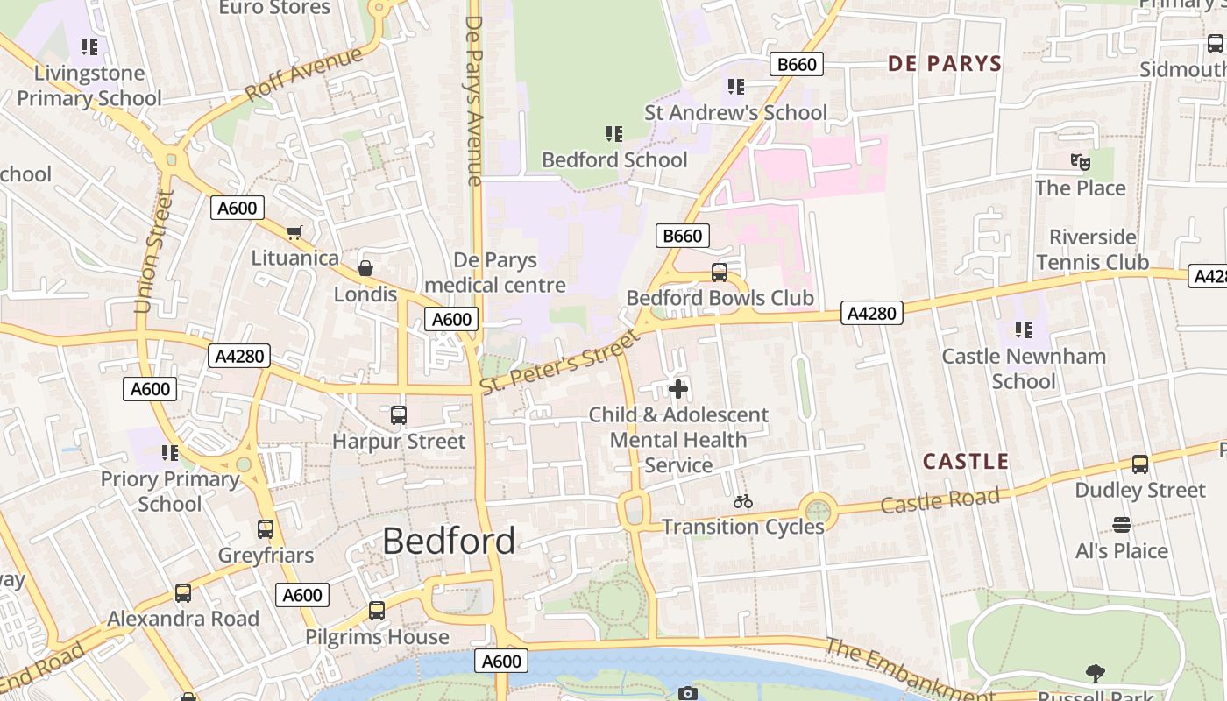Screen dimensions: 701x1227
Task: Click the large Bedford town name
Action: coord(449,541)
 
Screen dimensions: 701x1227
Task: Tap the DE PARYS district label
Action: coord(944,63)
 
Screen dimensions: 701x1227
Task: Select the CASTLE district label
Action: coord(966,461)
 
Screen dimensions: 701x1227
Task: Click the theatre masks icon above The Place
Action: coord(1080,162)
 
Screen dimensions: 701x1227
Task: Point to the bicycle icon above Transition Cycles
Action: coord(743,501)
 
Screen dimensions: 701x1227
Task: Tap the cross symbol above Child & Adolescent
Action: coord(677,389)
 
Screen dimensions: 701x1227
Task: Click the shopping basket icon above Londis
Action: coord(365,268)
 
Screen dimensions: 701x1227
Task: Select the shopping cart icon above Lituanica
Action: coord(294,232)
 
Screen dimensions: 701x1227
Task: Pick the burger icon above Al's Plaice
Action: coord(1121,525)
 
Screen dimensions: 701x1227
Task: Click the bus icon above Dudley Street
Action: coord(1139,464)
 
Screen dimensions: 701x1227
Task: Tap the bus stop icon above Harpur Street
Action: coord(399,415)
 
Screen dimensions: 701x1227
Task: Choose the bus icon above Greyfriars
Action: coord(266,529)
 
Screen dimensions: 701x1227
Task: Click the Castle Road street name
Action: coord(940,501)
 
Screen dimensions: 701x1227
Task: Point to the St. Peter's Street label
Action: coord(561,361)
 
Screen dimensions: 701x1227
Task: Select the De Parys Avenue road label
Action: coord(474,100)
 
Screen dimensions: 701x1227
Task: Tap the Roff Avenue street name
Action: coord(303,74)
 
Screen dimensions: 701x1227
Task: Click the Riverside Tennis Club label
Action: coord(1092,250)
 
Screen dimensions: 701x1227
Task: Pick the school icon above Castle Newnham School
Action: coord(1023,330)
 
